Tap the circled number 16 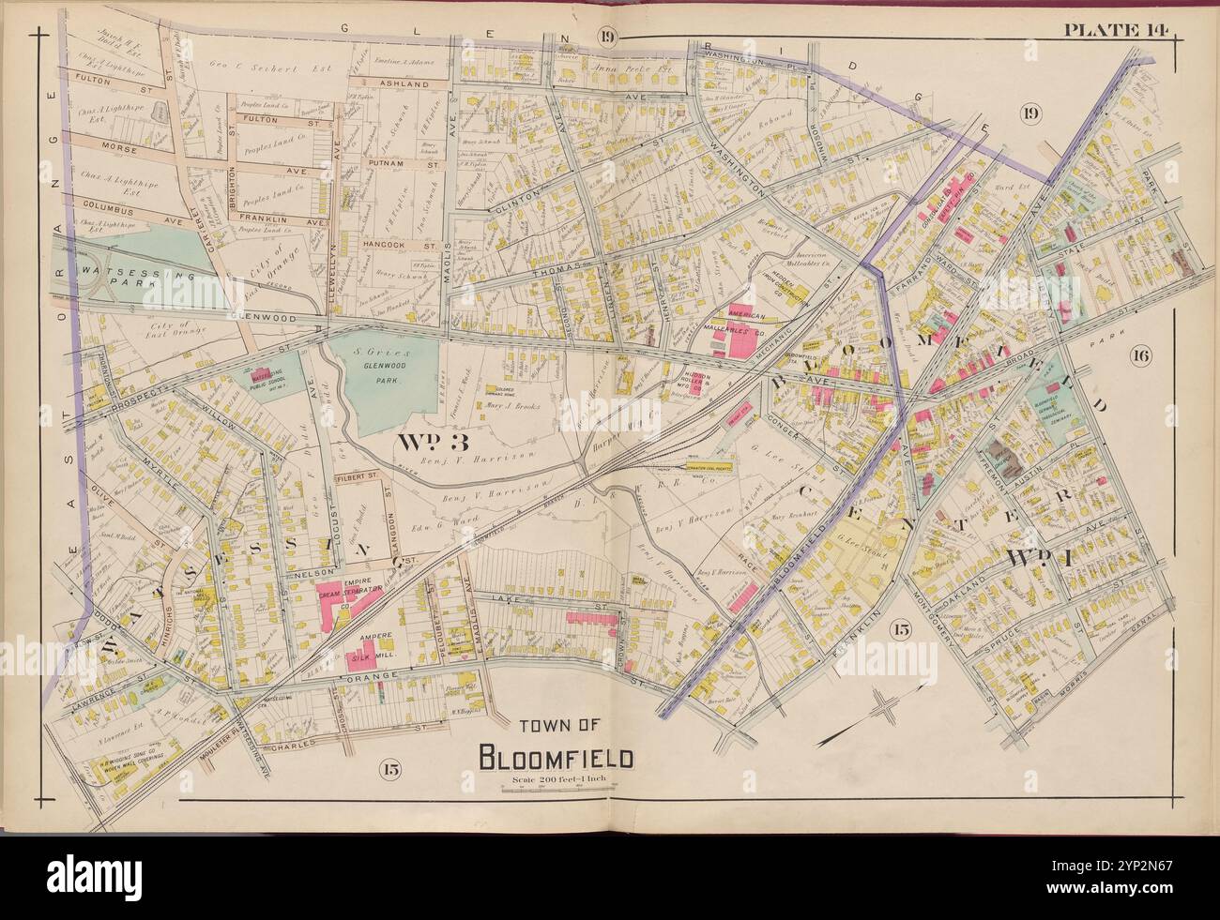[1140, 355]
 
